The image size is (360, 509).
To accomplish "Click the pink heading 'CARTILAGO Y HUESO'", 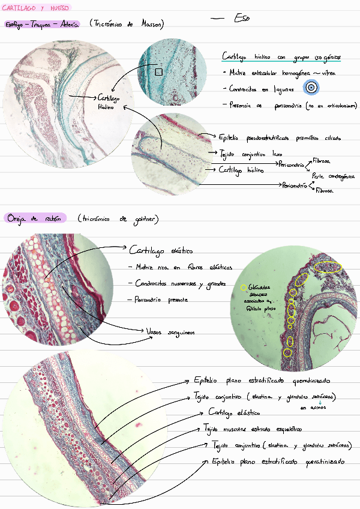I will pos(36,8).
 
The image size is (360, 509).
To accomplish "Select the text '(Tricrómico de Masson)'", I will pos(127,24).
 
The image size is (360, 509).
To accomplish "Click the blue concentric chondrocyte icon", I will pos(311,88).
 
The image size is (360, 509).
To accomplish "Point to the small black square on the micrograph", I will pos(158,72).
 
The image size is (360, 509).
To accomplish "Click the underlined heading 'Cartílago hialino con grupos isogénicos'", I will pos(281,57).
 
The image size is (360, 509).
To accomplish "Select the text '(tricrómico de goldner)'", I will pos(118,219).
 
